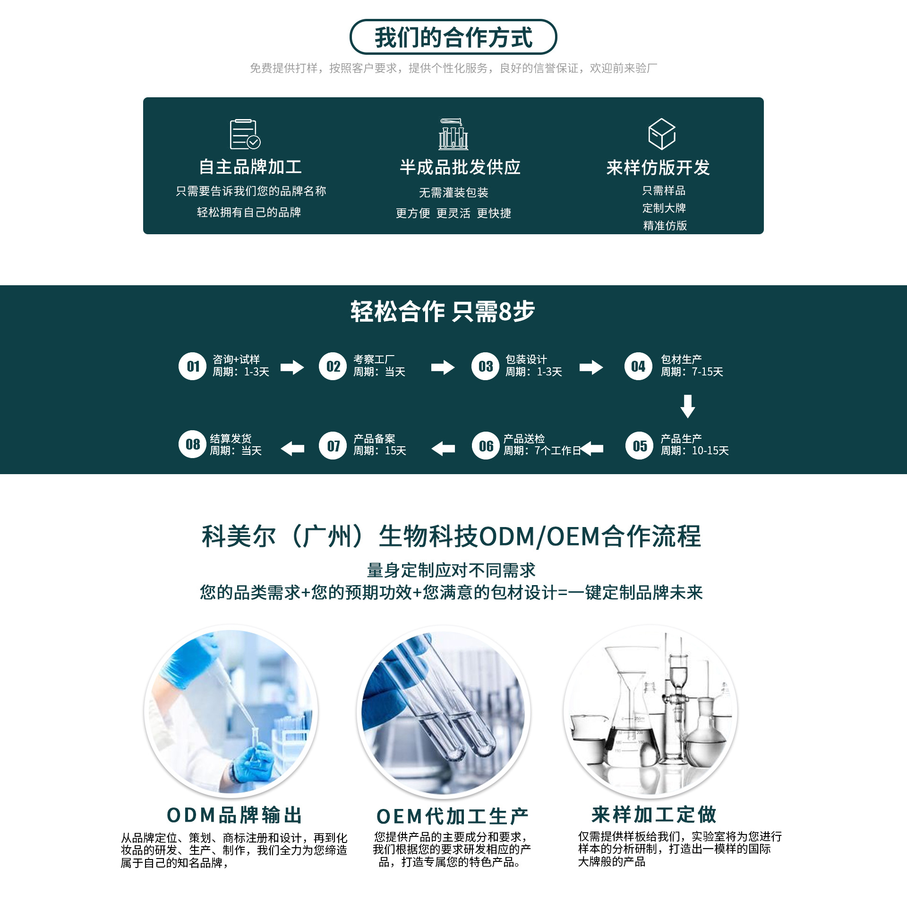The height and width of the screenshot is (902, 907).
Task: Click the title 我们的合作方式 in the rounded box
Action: pos(453,37)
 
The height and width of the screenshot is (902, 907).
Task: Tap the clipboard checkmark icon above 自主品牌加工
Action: pos(245,134)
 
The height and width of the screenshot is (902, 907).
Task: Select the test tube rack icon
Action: pos(453,134)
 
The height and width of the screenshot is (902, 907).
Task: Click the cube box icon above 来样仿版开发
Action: pos(661,134)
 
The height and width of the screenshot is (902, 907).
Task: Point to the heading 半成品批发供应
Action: pos(460,167)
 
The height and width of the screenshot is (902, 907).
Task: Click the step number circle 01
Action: pos(192,366)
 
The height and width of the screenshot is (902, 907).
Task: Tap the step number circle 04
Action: pos(638,366)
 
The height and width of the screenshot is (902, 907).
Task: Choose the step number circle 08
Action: pos(192,445)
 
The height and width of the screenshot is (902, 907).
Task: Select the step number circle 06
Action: pos(486,446)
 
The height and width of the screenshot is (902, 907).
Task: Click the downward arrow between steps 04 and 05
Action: pos(687,406)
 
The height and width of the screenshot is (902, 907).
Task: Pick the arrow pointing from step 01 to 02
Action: pos(292,367)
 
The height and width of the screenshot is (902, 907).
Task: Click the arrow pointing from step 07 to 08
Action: pos(292,449)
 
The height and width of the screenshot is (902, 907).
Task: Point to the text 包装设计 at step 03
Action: pos(526,359)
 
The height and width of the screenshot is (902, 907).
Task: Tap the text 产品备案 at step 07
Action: pos(374,439)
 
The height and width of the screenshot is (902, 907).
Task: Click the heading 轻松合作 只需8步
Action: pos(443,312)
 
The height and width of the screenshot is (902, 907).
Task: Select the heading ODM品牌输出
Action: pos(234,815)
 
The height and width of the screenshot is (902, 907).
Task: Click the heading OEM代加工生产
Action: pos(452,816)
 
